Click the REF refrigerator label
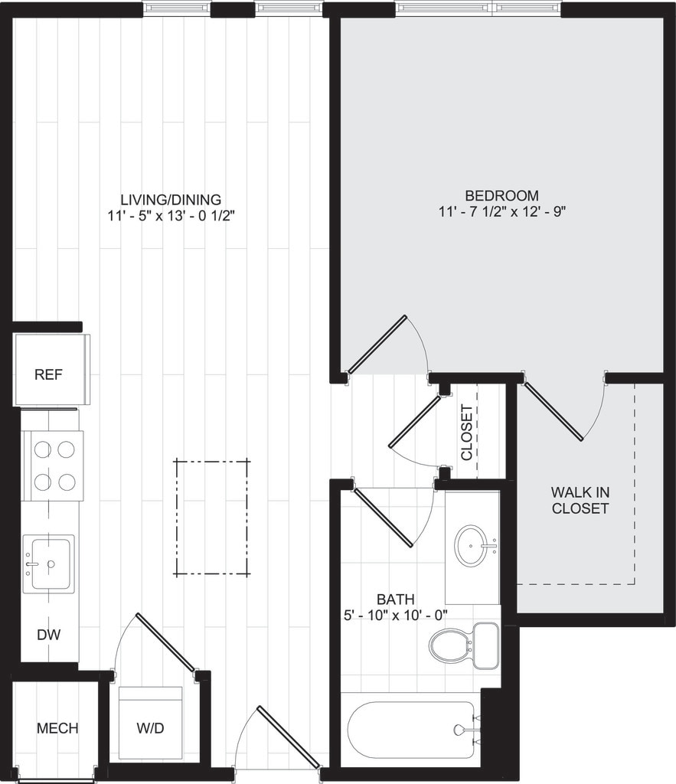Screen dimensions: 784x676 [48, 375]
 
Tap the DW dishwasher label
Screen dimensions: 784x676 [48, 635]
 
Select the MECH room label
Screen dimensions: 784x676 [57, 728]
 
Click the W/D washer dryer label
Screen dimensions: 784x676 [150, 728]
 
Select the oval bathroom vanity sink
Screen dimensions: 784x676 [472, 545]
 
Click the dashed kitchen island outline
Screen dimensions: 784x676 [212, 517]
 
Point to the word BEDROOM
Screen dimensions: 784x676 [501, 195]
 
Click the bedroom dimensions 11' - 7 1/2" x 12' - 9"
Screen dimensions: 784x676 [501, 211]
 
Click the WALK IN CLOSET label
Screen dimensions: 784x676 [580, 500]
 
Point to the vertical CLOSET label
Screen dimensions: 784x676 [466, 433]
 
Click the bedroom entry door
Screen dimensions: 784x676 [377, 345]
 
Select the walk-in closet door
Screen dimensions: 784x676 [555, 411]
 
